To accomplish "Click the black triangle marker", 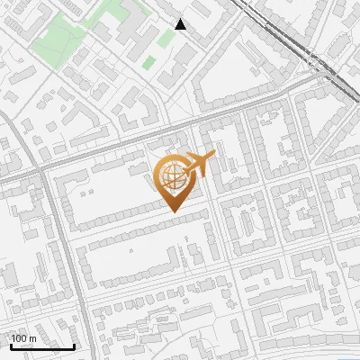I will tap(181, 24).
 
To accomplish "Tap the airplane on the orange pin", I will tap(199, 164).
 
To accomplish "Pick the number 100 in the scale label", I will tap(19, 338).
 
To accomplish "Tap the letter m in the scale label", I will tap(31, 338).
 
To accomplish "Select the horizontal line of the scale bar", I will tap(42, 346).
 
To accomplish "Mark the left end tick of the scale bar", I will tap(11, 345).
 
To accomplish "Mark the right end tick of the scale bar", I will tap(74, 345).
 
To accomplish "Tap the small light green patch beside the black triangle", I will tap(165, 39).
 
